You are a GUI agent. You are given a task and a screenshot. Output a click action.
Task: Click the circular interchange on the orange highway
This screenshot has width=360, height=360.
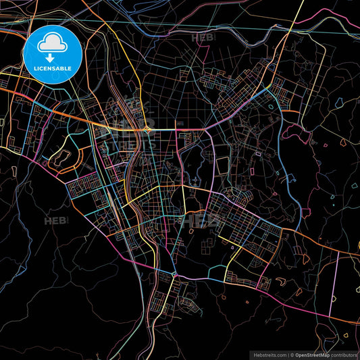click(147, 128)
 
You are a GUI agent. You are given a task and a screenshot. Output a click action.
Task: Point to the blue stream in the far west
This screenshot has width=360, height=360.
click(20, 203)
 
